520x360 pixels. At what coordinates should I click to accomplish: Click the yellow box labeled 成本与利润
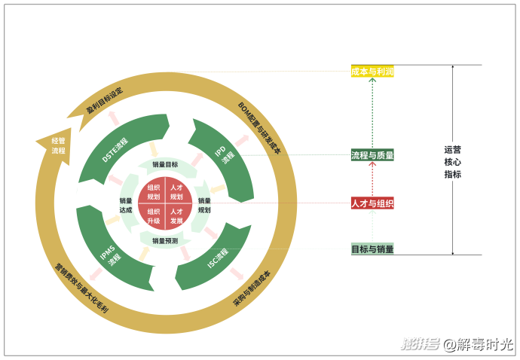click(x=372, y=72)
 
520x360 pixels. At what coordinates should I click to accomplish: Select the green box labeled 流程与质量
click(x=372, y=155)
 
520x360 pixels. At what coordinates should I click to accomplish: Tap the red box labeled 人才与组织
click(x=372, y=203)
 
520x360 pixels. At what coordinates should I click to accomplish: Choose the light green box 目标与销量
click(x=372, y=249)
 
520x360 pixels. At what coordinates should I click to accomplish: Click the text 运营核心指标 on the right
click(x=452, y=161)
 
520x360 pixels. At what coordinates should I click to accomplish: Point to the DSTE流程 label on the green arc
click(x=115, y=150)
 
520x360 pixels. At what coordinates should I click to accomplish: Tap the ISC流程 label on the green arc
click(x=219, y=255)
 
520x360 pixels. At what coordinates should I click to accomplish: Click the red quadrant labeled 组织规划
click(x=154, y=191)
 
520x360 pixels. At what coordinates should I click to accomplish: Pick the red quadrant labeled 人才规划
click(x=176, y=191)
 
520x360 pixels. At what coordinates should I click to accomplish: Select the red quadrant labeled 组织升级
click(x=154, y=216)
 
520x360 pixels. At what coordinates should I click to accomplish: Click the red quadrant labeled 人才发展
click(x=176, y=216)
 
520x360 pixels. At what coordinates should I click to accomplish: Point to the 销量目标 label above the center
click(x=165, y=164)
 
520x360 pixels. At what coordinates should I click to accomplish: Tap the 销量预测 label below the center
click(x=165, y=242)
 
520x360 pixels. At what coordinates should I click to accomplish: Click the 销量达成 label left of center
click(x=125, y=205)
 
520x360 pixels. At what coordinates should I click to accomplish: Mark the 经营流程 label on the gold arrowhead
click(x=58, y=145)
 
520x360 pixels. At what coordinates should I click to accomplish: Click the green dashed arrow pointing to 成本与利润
click(x=372, y=113)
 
